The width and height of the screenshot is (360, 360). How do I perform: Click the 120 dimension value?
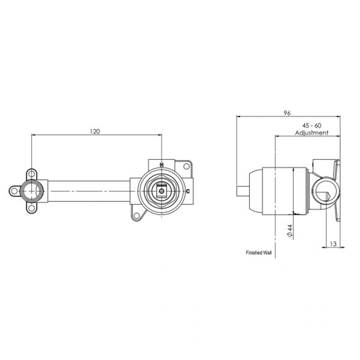tap(95, 131)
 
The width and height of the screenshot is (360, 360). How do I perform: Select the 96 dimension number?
tap(287, 113)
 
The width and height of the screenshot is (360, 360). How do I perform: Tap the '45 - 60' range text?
tap(311, 126)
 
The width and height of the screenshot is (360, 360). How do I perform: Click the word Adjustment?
tap(311, 133)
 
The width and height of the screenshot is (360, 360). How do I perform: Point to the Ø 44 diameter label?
tap(289, 231)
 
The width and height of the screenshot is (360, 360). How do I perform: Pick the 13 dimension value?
tap(333, 244)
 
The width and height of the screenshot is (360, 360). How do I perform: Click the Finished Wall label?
tap(259, 253)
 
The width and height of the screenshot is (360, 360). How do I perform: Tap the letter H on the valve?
tap(162, 165)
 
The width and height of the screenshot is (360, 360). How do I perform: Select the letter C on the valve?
tap(188, 191)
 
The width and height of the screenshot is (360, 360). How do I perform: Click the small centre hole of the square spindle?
tap(162, 191)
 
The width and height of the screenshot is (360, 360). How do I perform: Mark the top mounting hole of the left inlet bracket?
tap(31, 174)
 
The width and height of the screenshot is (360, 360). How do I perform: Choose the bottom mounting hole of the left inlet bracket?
tap(31, 208)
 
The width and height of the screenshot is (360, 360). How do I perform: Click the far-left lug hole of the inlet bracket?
tap(14, 191)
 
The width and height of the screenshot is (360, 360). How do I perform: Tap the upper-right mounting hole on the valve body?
tap(186, 166)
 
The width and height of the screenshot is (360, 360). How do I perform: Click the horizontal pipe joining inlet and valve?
tap(88, 191)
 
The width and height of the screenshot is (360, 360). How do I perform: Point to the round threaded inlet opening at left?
tap(31, 191)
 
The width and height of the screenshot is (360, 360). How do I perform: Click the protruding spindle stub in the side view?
tap(243, 191)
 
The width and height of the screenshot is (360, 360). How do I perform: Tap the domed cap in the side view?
tap(255, 191)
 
